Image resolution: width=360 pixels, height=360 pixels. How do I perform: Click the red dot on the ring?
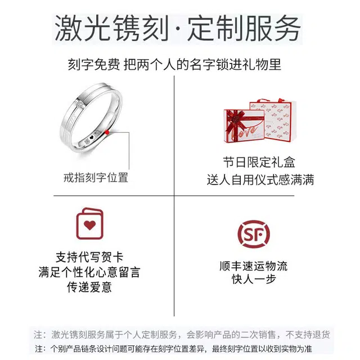(107, 132)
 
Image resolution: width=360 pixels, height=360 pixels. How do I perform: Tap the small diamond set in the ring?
(80, 103)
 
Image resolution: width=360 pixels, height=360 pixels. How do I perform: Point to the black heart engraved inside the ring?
(91, 137)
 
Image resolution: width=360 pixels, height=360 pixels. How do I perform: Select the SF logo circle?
(254, 234)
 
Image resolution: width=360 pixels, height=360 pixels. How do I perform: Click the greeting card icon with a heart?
(90, 224)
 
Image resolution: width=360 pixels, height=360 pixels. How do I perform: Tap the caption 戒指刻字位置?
(96, 178)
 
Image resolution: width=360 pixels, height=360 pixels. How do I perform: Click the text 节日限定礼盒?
(259, 163)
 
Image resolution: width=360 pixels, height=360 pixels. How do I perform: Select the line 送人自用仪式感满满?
(260, 179)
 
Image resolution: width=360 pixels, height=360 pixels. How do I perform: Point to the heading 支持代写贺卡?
(89, 257)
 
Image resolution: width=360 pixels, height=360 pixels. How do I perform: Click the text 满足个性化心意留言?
(89, 272)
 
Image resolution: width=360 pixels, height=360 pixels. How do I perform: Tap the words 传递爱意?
(89, 287)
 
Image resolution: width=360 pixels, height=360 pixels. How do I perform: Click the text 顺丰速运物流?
(254, 266)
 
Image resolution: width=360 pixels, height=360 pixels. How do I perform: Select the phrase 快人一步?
(254, 280)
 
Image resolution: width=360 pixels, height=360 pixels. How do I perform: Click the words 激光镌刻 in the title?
(111, 29)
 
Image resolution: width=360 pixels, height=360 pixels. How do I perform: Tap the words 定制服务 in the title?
(244, 29)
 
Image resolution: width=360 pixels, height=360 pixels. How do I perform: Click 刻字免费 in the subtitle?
(94, 64)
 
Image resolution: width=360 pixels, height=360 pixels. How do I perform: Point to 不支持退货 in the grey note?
(308, 335)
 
